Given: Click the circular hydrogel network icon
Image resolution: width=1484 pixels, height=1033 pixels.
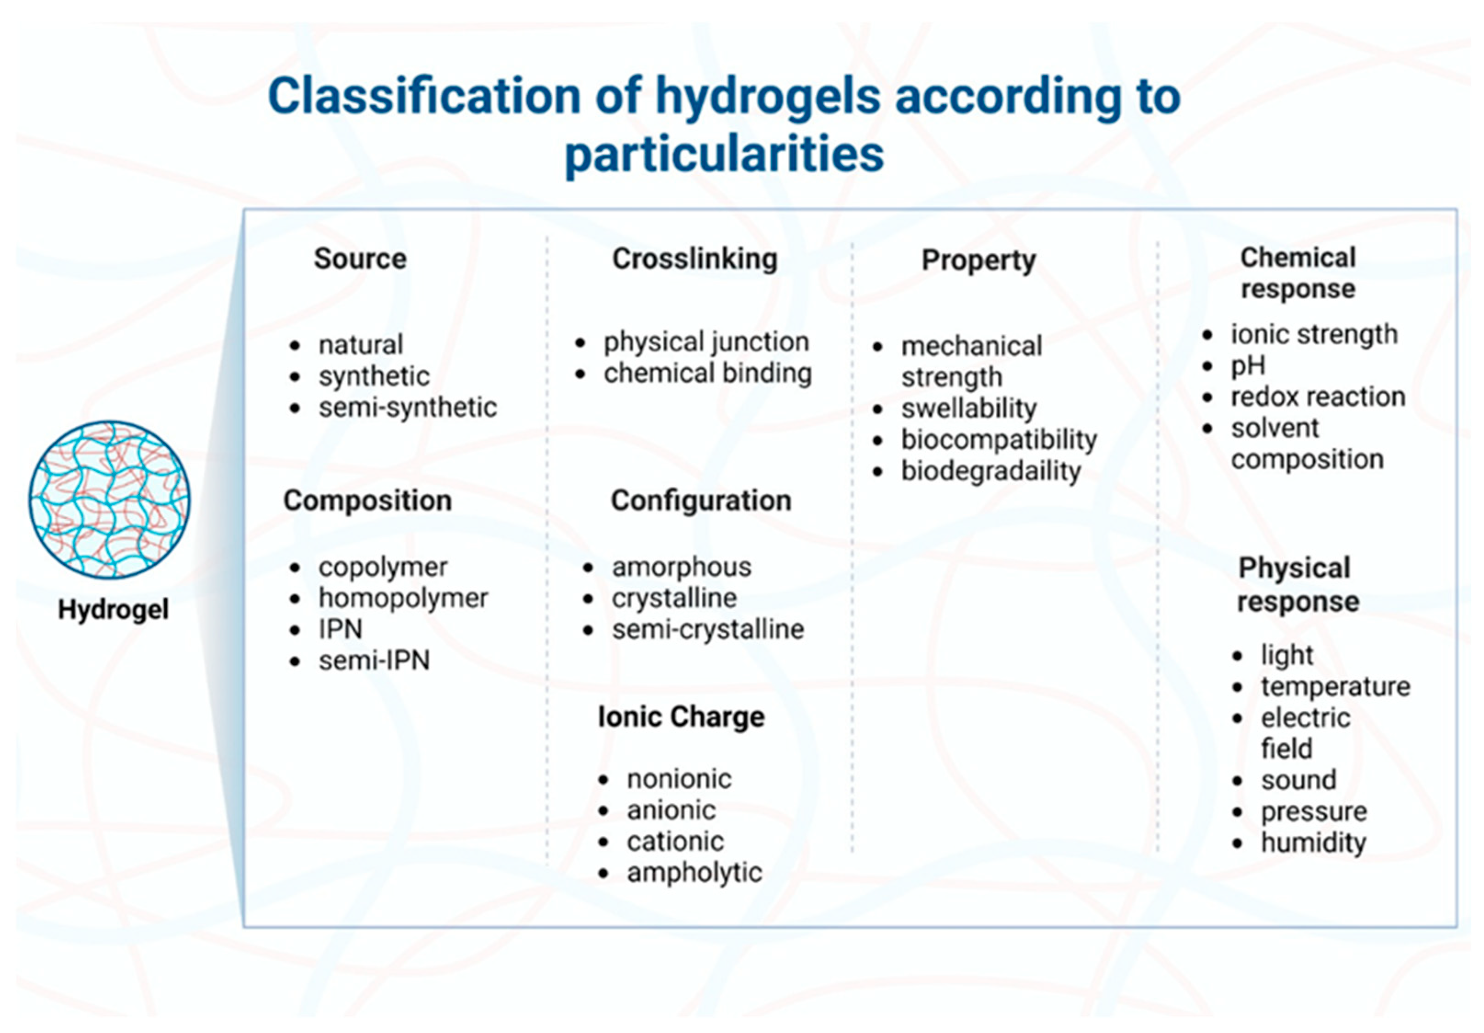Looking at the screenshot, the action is [x=109, y=500].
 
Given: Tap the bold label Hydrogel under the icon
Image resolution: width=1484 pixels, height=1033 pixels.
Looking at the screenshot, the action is [x=113, y=609].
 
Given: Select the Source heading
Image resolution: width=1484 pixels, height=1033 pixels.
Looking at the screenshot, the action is [x=360, y=258].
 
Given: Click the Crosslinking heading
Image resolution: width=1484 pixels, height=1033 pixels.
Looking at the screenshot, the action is [x=695, y=259].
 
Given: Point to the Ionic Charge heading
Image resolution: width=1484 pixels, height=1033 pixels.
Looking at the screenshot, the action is [x=681, y=717].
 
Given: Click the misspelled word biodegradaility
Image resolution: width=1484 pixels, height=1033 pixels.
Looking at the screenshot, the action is [x=991, y=471].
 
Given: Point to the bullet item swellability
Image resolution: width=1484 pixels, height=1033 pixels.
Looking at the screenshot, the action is [x=969, y=409].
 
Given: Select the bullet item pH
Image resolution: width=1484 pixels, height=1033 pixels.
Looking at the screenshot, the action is [x=1248, y=366].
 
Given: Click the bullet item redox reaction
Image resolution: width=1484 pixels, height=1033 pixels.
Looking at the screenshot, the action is [x=1318, y=397].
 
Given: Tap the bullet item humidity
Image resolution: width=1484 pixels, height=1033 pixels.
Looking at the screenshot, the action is [x=1314, y=843].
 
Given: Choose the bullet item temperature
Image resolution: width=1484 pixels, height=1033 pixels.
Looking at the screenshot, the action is [x=1336, y=687].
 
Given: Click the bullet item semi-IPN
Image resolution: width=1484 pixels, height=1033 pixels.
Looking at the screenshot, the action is [x=374, y=661].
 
